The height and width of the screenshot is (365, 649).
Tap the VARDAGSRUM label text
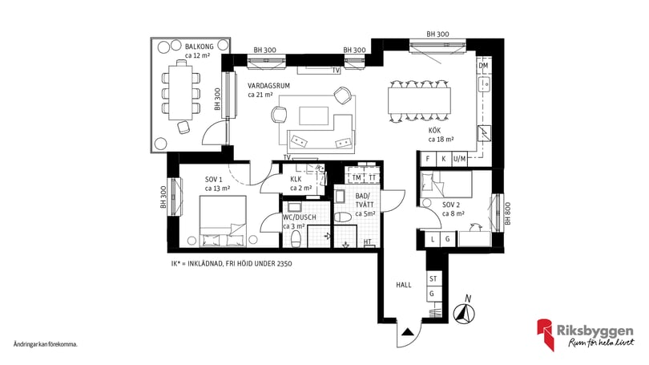tap(268, 84)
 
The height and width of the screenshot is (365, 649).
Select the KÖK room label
tap(435, 129)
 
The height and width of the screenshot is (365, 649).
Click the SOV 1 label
tap(213, 179)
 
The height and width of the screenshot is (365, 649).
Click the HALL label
tap(404, 284)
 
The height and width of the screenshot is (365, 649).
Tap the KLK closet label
tap(296, 179)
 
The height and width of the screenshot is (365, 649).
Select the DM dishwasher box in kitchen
tap(483, 66)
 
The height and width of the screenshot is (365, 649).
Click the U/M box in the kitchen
tap(459, 160)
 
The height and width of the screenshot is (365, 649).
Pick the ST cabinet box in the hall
tap(433, 278)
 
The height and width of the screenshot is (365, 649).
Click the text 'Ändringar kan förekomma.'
tap(45, 344)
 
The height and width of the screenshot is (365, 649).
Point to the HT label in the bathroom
tap(368, 242)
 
